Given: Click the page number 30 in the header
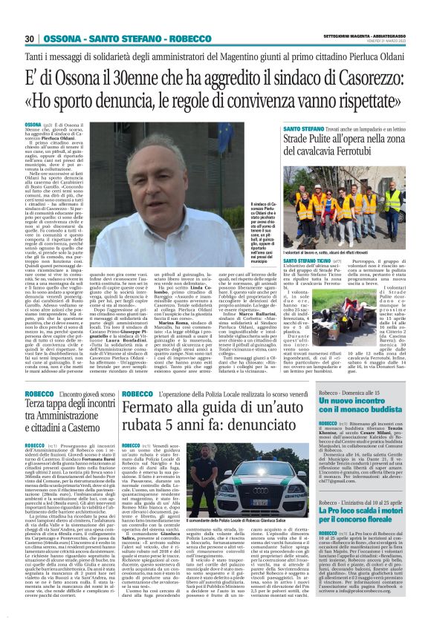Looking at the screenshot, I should tap(30, 39).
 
